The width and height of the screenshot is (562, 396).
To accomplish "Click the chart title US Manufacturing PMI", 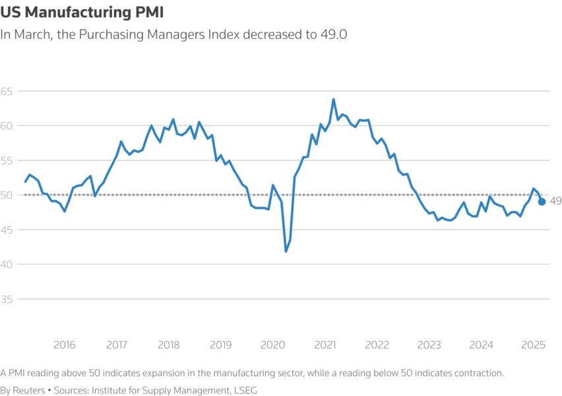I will (82, 12).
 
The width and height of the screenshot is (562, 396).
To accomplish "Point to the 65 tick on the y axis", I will (9, 90).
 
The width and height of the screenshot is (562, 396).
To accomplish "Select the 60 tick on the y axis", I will (9, 125).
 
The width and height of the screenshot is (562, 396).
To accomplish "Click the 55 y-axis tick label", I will (9, 160).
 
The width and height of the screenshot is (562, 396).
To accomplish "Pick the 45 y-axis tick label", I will (9, 229).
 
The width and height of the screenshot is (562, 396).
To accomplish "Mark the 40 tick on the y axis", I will (9, 264).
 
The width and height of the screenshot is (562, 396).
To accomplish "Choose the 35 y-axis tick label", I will (9, 298).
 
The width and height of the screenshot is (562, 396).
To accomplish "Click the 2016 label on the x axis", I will (64, 345).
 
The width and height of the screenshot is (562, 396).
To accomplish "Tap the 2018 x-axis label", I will (168, 345).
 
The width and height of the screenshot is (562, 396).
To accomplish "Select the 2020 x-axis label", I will (272, 345).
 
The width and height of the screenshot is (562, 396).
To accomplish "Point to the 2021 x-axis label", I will (325, 345).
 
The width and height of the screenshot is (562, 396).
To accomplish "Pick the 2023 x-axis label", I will (429, 345).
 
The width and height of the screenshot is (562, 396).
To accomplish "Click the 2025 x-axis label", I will (533, 345).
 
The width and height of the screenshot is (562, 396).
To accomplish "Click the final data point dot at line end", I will (542, 201).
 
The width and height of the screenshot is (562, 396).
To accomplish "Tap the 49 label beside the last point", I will (555, 201).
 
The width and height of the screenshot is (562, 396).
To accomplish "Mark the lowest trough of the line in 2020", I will (286, 251).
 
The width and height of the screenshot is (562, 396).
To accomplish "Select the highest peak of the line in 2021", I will (333, 100).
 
